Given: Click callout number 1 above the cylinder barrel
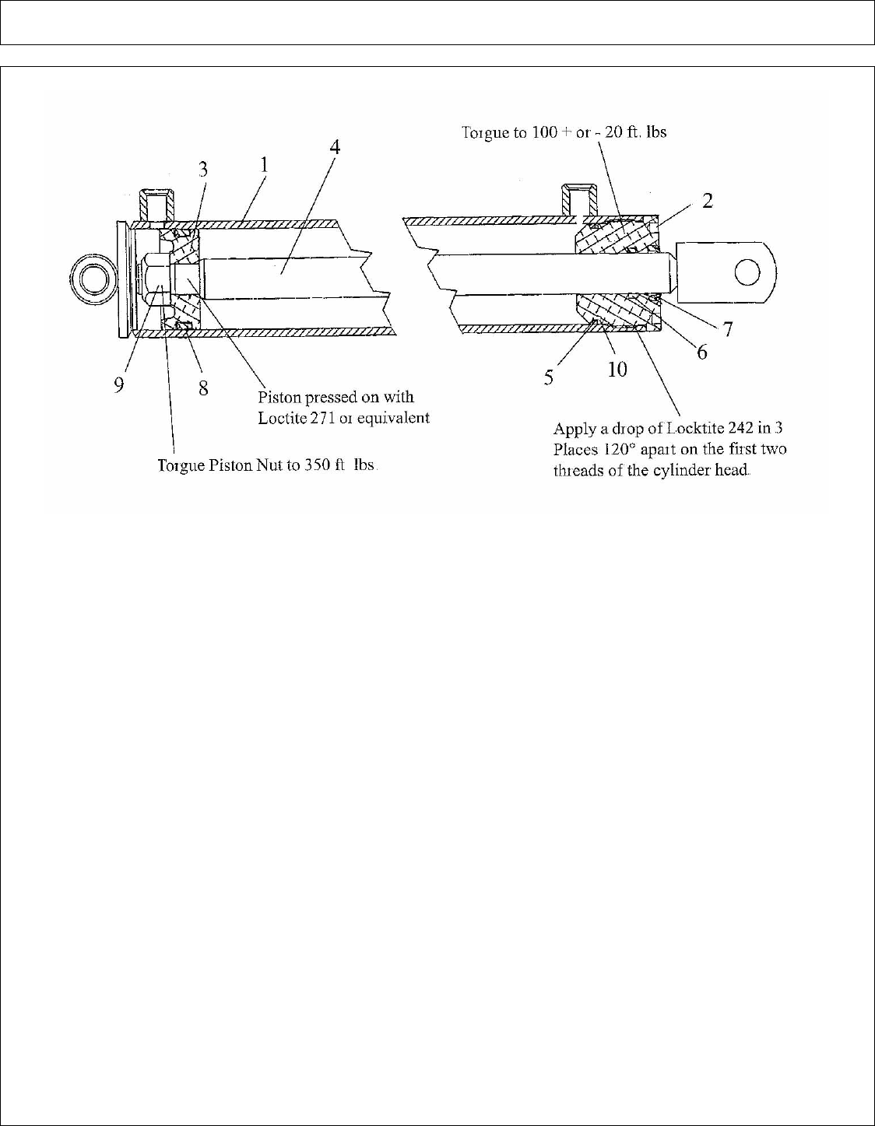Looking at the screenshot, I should coord(265,166).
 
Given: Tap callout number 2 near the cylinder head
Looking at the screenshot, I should coord(708,201).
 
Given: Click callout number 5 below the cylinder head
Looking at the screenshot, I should coord(549,377).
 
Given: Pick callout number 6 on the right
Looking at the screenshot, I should coord(702,353).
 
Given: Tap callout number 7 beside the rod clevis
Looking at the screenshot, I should coord(727,329).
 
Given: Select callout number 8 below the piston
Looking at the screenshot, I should coord(203,387).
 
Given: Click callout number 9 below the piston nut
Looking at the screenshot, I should coord(119,386).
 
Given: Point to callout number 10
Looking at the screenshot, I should coord(617,369).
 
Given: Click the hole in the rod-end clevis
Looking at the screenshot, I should coord(747,272).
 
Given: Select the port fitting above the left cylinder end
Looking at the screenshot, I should coord(154,205).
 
